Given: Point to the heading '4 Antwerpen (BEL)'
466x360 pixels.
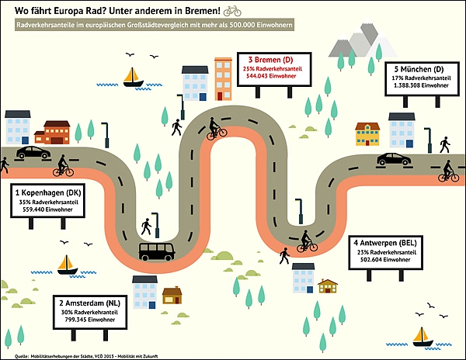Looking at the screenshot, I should click(386, 243).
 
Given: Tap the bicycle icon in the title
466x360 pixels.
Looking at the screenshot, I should click(232, 11).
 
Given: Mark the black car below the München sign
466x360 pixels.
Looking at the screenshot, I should click(394, 158).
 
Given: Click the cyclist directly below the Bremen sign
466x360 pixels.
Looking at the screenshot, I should click(217, 129).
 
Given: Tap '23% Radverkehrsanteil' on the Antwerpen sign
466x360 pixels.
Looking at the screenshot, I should click(386, 252).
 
